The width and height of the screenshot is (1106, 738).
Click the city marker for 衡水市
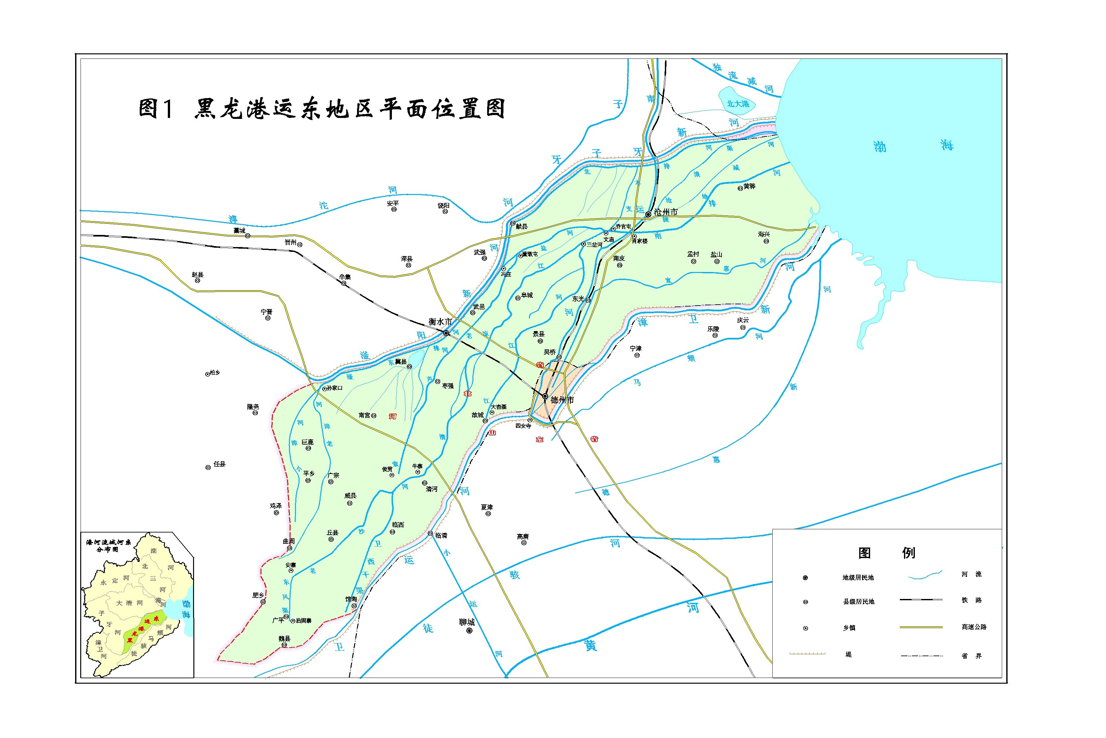[x=446, y=333]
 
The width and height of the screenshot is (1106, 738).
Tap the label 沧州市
[x=666, y=212]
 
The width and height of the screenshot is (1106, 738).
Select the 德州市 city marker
[x=545, y=396]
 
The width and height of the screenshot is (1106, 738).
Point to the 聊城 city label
[x=467, y=622]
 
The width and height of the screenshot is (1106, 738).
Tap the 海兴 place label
[x=764, y=234]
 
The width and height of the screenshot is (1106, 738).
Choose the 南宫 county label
[x=364, y=415]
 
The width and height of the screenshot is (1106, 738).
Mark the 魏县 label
[x=284, y=639]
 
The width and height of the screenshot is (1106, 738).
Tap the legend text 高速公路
[x=974, y=627]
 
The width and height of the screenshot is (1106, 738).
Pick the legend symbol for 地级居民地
[x=805, y=578]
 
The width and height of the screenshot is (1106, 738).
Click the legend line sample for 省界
[x=922, y=656]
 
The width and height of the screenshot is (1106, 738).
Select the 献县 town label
[x=521, y=226]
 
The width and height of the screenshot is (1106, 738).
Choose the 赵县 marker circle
[x=198, y=281]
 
